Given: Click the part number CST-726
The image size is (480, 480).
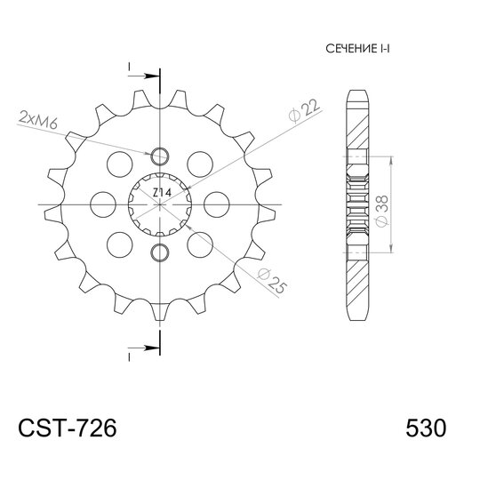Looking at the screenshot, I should click(x=67, y=428).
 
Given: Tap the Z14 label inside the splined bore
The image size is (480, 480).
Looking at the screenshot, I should click(x=160, y=193).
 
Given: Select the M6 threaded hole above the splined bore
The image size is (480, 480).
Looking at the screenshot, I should click(x=160, y=157).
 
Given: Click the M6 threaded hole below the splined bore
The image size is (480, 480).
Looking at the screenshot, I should click(x=160, y=250).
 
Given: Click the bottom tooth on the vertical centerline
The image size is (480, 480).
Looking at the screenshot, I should click(x=160, y=311).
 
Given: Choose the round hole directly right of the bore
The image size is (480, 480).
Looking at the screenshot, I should click(x=213, y=204).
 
